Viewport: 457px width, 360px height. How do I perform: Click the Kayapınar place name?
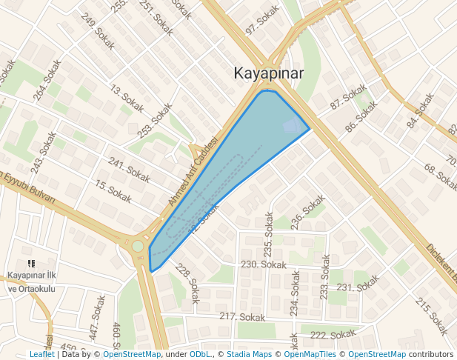click(x=268, y=73)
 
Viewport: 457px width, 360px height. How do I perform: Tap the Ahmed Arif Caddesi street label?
click(x=193, y=172)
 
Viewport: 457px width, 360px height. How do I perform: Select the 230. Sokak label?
click(x=264, y=264)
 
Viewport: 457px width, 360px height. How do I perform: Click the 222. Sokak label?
click(x=332, y=335)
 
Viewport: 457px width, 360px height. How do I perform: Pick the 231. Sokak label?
click(x=358, y=285)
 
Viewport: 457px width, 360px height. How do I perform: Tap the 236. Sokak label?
click(x=308, y=212)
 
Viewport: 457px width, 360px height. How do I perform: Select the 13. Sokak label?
click(x=127, y=99)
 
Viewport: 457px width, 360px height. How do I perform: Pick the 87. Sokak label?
click(x=348, y=96)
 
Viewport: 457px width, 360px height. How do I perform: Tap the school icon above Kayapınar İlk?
click(x=31, y=263)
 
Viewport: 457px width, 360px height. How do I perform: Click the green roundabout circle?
click(x=138, y=246)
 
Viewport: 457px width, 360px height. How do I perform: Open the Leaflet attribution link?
click(x=41, y=354)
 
